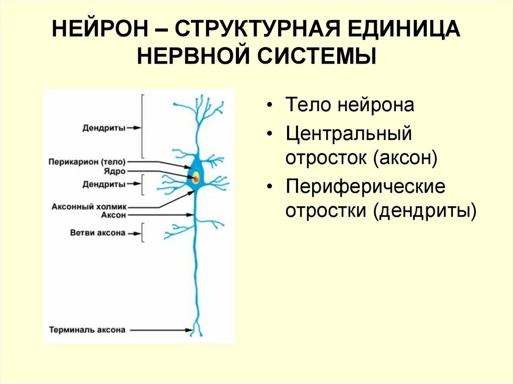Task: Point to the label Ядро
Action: [115, 171]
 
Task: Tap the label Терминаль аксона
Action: [87, 330]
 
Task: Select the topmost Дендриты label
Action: [104, 128]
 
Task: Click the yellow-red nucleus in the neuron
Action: [195, 177]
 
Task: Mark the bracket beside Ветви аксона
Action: [143, 233]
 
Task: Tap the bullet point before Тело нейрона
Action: [271, 106]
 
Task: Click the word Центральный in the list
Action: [349, 134]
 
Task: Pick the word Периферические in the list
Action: [365, 187]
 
